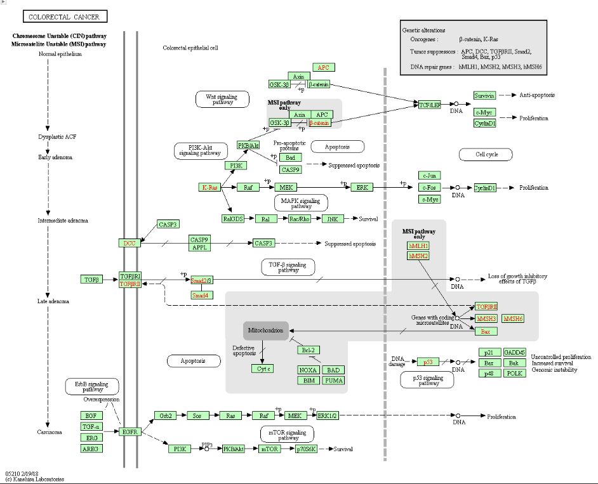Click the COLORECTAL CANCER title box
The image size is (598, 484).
(x=65, y=16)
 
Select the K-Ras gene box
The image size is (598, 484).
(x=209, y=187)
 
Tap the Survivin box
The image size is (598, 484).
(x=484, y=95)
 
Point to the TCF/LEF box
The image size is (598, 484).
(x=429, y=105)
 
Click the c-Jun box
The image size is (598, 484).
(x=430, y=175)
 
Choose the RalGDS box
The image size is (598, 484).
(x=234, y=219)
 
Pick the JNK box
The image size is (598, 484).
(x=332, y=219)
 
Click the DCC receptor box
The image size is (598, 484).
(x=130, y=243)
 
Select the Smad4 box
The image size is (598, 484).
(x=202, y=295)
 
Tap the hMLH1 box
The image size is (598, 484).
(x=418, y=245)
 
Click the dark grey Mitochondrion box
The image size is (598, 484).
(x=265, y=330)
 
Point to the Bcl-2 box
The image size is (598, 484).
(x=308, y=350)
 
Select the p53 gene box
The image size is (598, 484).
(x=428, y=362)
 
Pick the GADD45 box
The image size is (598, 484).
(x=514, y=353)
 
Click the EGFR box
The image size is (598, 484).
(x=130, y=432)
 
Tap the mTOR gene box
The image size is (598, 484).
(x=268, y=449)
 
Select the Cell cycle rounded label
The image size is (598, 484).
(x=487, y=154)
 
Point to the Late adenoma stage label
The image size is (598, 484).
(x=53, y=301)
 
